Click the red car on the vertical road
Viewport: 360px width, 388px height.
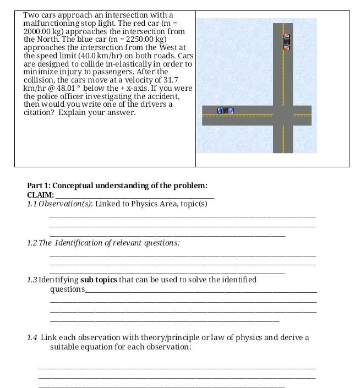pyautogui.click(x=286, y=42)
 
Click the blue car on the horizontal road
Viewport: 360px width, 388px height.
pyautogui.click(x=226, y=111)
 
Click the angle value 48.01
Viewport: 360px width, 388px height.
pyautogui.click(x=69, y=88)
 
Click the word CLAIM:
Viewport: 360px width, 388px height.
pyautogui.click(x=40, y=195)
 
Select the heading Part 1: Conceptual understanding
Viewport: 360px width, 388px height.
pyautogui.click(x=117, y=185)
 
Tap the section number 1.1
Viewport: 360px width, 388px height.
pyautogui.click(x=32, y=204)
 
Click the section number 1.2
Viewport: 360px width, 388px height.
pyautogui.click(x=32, y=243)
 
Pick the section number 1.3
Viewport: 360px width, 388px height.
pyautogui.click(x=32, y=280)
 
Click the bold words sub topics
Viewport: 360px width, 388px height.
pyautogui.click(x=99, y=280)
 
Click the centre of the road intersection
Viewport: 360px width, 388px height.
pyautogui.click(x=283, y=116)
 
